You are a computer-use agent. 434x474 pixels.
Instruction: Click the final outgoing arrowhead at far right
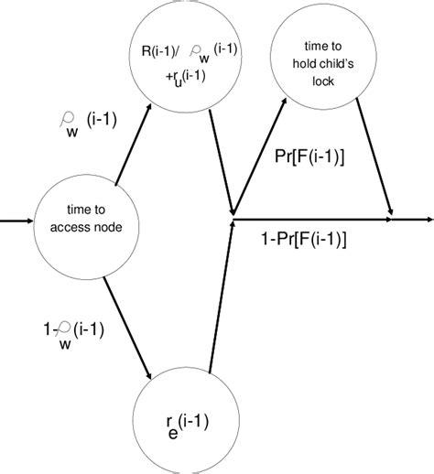pos(425,220)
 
